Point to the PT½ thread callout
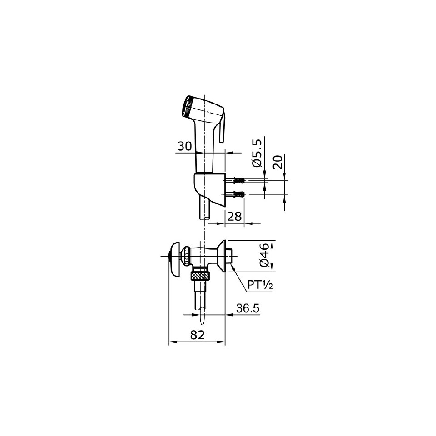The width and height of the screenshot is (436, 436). click(260, 285)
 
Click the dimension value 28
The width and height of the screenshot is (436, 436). click(234, 217)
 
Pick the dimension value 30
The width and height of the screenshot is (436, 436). click(184, 146)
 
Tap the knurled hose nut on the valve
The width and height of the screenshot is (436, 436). click(200, 275)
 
